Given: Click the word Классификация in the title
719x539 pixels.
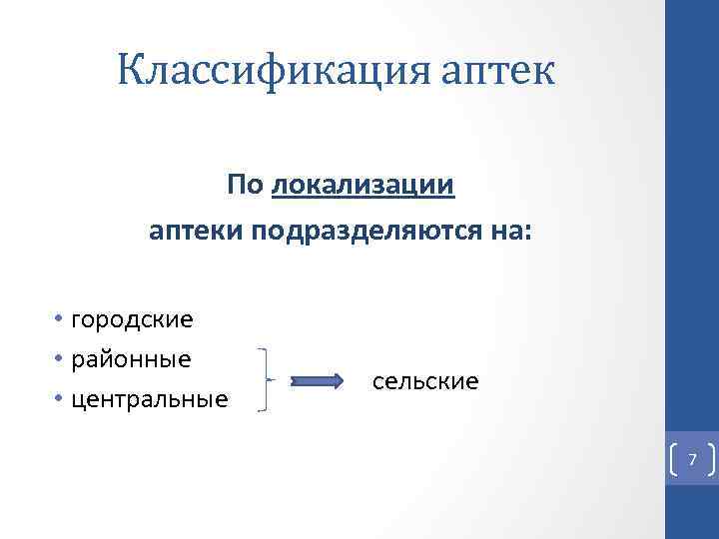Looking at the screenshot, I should (x=255, y=72).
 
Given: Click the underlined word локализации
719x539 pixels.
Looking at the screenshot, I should (x=362, y=185).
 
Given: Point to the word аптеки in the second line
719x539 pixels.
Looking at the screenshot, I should (x=197, y=233).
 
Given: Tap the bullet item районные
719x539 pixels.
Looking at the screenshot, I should (x=130, y=358).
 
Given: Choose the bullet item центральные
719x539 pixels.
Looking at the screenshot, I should (x=149, y=399).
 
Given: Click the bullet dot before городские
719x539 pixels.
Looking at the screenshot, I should (x=60, y=319).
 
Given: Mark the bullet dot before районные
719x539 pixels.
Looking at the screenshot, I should (x=60, y=358).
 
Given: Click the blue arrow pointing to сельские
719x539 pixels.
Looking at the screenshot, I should (x=317, y=380).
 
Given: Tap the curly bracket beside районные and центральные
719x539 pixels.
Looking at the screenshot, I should (x=264, y=380).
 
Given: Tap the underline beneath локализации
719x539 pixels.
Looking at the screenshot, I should (x=362, y=198).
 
